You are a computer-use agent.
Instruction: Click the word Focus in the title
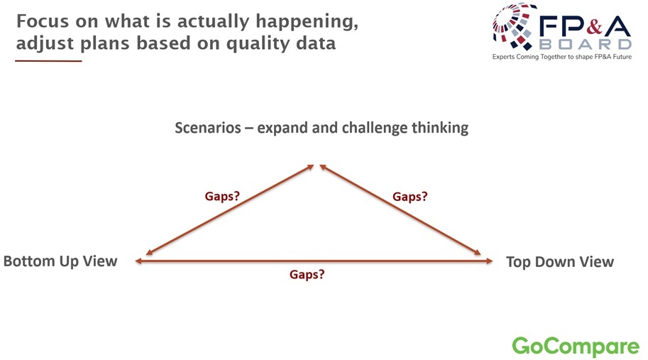(x=43, y=21)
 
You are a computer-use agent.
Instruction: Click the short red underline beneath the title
(x=48, y=61)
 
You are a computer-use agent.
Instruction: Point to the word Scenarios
(x=208, y=128)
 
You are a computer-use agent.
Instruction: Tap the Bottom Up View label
(x=60, y=261)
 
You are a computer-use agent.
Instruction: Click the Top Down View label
(x=560, y=261)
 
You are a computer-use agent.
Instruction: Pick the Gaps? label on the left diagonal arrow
(x=222, y=196)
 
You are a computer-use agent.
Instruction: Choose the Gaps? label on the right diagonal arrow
(x=410, y=196)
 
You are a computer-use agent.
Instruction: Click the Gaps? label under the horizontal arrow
(x=307, y=275)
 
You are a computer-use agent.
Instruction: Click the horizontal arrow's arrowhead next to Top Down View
(x=489, y=261)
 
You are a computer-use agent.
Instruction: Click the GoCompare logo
(x=576, y=347)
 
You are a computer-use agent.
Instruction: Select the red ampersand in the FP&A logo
(x=594, y=27)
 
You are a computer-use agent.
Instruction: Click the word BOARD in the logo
(x=585, y=44)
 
